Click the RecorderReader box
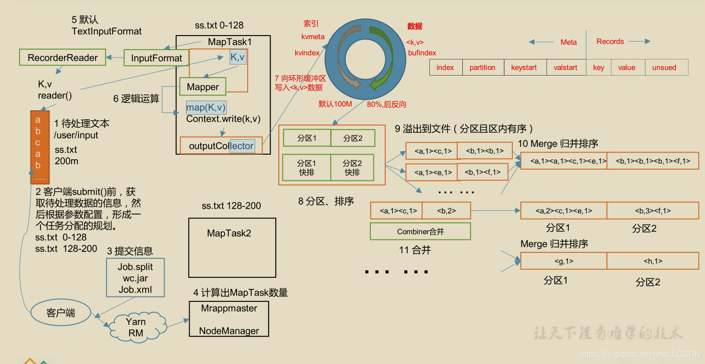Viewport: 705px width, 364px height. [63, 58]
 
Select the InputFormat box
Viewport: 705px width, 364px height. [156, 58]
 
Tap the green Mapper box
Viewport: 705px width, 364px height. [203, 87]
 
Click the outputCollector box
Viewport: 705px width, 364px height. [221, 146]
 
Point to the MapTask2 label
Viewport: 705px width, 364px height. [229, 233]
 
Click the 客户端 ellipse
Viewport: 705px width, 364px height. [61, 313]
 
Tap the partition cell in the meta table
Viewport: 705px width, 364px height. [482, 68]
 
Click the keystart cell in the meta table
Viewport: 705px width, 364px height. [524, 68]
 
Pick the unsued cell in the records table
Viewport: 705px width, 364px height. [664, 68]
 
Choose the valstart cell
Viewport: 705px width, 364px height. [565, 68]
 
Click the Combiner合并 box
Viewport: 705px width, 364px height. [420, 231]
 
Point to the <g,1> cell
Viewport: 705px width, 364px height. [563, 261]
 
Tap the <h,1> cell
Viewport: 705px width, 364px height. [652, 261]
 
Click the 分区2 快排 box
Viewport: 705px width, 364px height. [352, 168]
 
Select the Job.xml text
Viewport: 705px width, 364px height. [135, 289]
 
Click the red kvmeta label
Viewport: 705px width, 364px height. [313, 37]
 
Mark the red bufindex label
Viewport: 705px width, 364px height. [422, 53]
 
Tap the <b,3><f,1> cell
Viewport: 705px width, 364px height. [652, 211]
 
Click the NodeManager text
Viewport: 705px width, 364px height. [229, 330]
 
